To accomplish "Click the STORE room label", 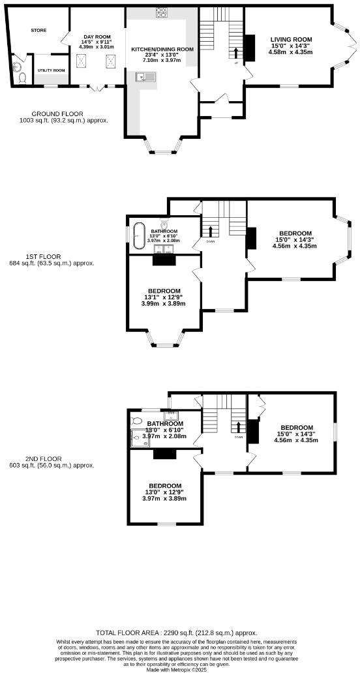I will [x=38, y=30].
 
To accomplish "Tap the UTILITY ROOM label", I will [x=51, y=70].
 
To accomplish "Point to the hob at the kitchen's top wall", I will [x=161, y=12].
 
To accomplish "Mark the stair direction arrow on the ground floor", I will [x=236, y=53].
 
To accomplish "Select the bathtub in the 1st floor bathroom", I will [x=138, y=236].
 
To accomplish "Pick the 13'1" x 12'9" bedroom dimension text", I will [x=164, y=297].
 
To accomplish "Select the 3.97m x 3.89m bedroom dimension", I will [x=164, y=498].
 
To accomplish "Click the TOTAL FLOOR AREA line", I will [x=176, y=633].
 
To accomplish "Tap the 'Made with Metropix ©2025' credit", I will [x=180, y=670].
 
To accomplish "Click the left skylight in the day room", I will [x=83, y=61].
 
